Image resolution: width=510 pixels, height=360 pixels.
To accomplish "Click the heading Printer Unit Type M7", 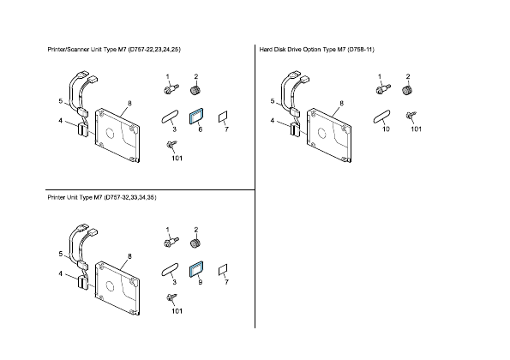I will [101, 198].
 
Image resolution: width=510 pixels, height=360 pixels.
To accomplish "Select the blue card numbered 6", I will [195, 115].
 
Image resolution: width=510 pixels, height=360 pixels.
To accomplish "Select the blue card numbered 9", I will [195, 267].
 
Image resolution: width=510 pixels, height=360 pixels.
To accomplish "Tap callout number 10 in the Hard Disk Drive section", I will [386, 129].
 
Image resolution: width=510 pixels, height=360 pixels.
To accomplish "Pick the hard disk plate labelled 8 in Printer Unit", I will [117, 285].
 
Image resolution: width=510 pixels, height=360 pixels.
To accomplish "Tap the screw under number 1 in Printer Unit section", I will [171, 243].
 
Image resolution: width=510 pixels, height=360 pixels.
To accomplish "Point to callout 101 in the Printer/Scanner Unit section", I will [176, 158].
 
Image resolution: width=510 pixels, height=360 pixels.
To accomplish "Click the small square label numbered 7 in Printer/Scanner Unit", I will [223, 116].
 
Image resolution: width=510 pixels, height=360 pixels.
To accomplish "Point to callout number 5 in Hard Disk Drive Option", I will [273, 101].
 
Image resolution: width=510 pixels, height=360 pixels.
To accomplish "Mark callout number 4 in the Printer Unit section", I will [61, 273].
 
